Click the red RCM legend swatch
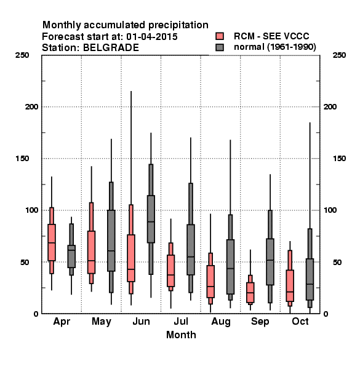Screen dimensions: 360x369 pos(220,36)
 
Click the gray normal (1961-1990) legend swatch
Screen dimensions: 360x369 pos(220,47)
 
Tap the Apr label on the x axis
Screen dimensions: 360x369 pos(62,322)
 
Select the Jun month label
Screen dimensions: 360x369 pos(141,321)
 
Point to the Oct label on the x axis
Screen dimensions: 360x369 pos(300,321)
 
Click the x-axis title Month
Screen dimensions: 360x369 pos(181,335)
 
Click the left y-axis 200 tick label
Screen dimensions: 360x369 pos(31,106)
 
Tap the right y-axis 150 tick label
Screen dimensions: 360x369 pos(339,159)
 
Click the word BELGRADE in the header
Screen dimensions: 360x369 pos(111,47)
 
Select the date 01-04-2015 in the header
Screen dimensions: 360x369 pos(152,37)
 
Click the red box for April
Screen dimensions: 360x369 pos(52,242)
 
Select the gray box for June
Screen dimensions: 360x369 pos(151,219)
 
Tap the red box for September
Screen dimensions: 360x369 pos(250,293)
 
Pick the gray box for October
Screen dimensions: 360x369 pos(310,279)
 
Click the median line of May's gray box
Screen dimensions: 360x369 pos(111,251)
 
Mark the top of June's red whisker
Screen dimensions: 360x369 pos(131,91)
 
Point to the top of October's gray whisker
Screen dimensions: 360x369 pos(310,122)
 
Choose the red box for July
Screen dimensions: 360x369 pos(170,271)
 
